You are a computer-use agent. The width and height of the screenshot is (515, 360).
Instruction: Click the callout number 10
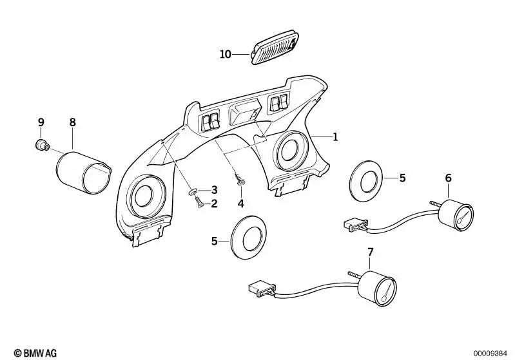(x=225, y=54)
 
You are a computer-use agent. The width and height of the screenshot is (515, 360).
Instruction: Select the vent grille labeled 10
(x=273, y=49)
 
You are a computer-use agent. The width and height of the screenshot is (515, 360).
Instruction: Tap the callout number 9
(x=41, y=122)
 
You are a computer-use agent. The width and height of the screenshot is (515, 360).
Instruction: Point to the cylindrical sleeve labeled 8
(x=83, y=171)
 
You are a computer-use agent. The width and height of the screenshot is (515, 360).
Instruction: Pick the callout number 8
(x=72, y=122)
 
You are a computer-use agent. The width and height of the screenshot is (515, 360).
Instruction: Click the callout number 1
(x=335, y=137)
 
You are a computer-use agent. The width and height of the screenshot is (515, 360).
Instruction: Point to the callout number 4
(x=240, y=204)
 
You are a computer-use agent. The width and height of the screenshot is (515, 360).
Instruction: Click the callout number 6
(x=448, y=178)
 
